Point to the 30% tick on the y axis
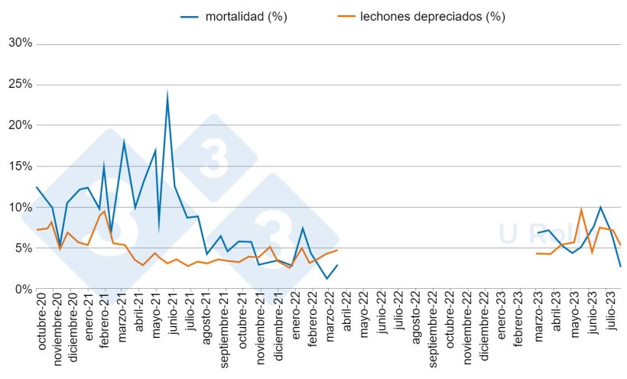(x=20, y=44)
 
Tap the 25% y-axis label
(x=20, y=85)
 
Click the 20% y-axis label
(x=20, y=125)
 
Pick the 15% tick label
(x=20, y=167)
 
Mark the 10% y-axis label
(x=20, y=207)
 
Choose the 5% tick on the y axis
(x=23, y=248)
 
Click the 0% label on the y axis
(x=23, y=289)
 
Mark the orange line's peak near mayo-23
(x=581, y=209)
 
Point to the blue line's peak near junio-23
(x=600, y=207)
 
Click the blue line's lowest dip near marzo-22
(x=326, y=278)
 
